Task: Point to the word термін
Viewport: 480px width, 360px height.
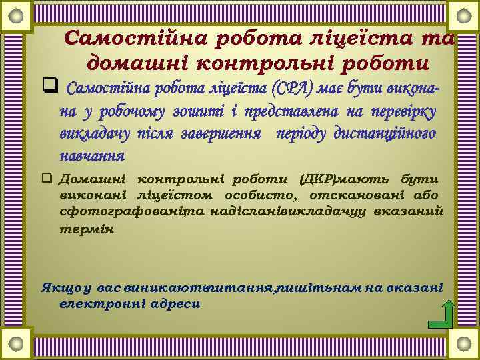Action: click(87, 229)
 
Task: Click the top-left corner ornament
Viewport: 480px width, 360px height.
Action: click(17, 13)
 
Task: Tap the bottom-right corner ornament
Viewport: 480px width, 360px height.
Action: click(463, 345)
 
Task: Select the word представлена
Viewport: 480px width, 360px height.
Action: click(293, 111)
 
